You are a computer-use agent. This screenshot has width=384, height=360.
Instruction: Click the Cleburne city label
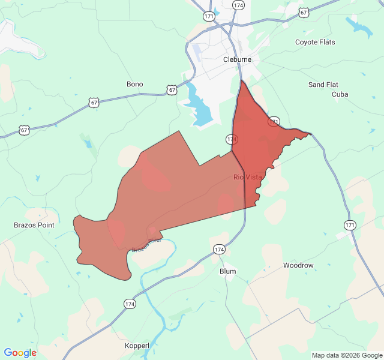(x=237, y=60)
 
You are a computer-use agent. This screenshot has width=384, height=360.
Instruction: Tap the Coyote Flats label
(x=315, y=42)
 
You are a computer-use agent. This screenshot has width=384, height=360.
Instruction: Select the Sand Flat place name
(x=323, y=85)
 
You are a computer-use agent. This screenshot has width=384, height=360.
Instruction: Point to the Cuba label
(x=340, y=94)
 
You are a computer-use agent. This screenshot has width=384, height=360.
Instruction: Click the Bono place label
(x=135, y=84)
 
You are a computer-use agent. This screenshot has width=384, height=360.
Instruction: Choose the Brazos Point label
(x=34, y=225)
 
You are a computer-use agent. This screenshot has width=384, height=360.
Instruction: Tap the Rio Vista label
(x=248, y=177)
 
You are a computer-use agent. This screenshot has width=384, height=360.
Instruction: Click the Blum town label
(x=228, y=271)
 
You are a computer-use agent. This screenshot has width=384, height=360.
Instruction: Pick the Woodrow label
(x=298, y=265)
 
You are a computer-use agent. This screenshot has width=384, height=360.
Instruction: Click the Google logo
(x=20, y=353)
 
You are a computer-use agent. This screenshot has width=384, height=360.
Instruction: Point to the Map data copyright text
(x=346, y=355)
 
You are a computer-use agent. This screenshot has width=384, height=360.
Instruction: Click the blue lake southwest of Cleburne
(x=200, y=108)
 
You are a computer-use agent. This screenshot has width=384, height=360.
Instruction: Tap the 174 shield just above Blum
(x=219, y=249)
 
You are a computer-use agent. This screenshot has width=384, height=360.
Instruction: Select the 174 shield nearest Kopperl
(x=130, y=304)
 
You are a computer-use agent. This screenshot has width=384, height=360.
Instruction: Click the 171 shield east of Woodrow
(x=350, y=225)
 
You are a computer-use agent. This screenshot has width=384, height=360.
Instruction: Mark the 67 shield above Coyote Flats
(x=304, y=12)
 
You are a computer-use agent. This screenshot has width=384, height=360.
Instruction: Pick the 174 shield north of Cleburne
(x=238, y=5)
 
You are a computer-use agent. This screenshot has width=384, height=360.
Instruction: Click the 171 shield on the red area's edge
(x=274, y=121)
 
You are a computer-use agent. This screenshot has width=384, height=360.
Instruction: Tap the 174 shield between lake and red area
(x=232, y=139)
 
